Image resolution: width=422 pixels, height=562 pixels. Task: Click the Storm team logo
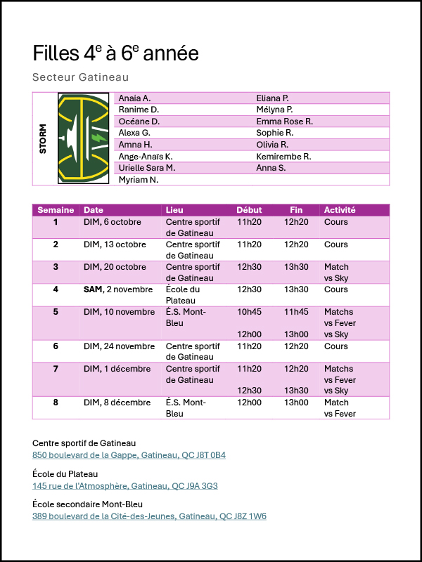tap(83, 138)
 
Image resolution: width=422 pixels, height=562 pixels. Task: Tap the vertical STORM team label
tap(44, 138)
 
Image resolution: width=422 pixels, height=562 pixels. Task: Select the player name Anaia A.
tap(134, 98)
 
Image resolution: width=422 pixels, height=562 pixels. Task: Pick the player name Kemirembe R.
tap(283, 157)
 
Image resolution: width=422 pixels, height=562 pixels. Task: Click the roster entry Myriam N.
tap(139, 180)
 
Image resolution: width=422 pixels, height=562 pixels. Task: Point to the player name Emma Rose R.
tap(284, 122)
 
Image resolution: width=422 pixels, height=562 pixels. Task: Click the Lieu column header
tap(173, 210)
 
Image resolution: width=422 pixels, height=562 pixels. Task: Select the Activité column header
tap(339, 210)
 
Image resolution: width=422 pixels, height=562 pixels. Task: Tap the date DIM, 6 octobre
tap(113, 222)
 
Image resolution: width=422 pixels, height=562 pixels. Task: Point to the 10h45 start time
tap(249, 312)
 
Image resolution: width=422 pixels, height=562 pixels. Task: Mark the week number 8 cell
tap(56, 403)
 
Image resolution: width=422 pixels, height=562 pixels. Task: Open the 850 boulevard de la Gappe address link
tap(129, 455)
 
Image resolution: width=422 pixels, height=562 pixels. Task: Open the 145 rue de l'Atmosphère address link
tap(125, 485)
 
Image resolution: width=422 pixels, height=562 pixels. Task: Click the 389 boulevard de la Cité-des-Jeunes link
tap(149, 516)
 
